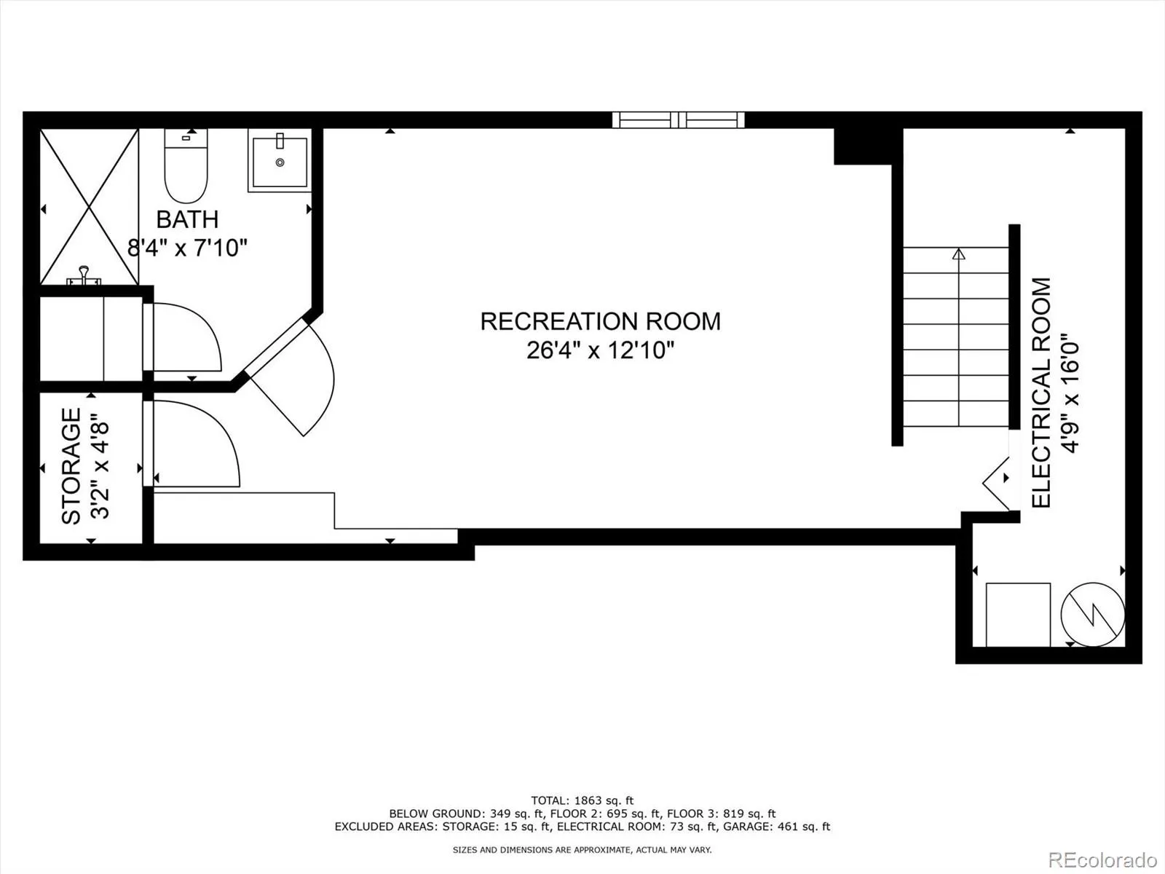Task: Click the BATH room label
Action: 187,219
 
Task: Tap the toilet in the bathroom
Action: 186,168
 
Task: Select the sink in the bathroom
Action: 280,160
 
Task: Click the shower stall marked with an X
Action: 89,207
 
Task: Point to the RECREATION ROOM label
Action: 600,321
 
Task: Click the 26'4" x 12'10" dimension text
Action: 600,350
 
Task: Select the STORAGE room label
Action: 71,466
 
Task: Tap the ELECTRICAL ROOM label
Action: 1042,393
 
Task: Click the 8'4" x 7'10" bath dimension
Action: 188,248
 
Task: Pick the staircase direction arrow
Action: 958,254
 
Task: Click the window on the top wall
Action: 678,119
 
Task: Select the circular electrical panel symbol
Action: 1092,614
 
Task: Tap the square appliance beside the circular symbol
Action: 1018,614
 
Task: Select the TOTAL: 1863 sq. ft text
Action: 582,800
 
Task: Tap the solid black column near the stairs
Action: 863,146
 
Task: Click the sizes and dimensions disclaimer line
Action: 582,850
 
